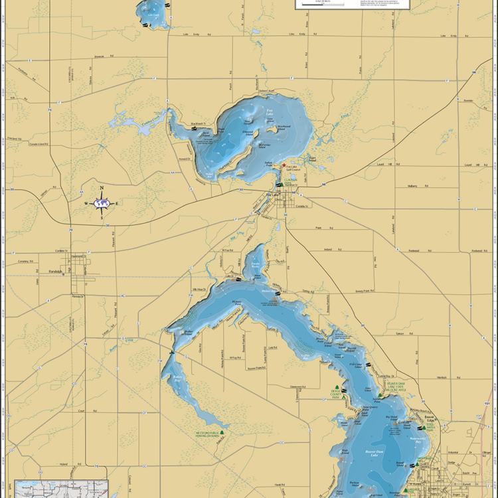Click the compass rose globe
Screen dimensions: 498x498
(102, 203)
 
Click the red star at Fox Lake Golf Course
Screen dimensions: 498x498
(284, 165)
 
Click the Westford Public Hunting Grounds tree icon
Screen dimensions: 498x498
(222, 432)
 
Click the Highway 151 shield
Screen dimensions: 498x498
(487, 404)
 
